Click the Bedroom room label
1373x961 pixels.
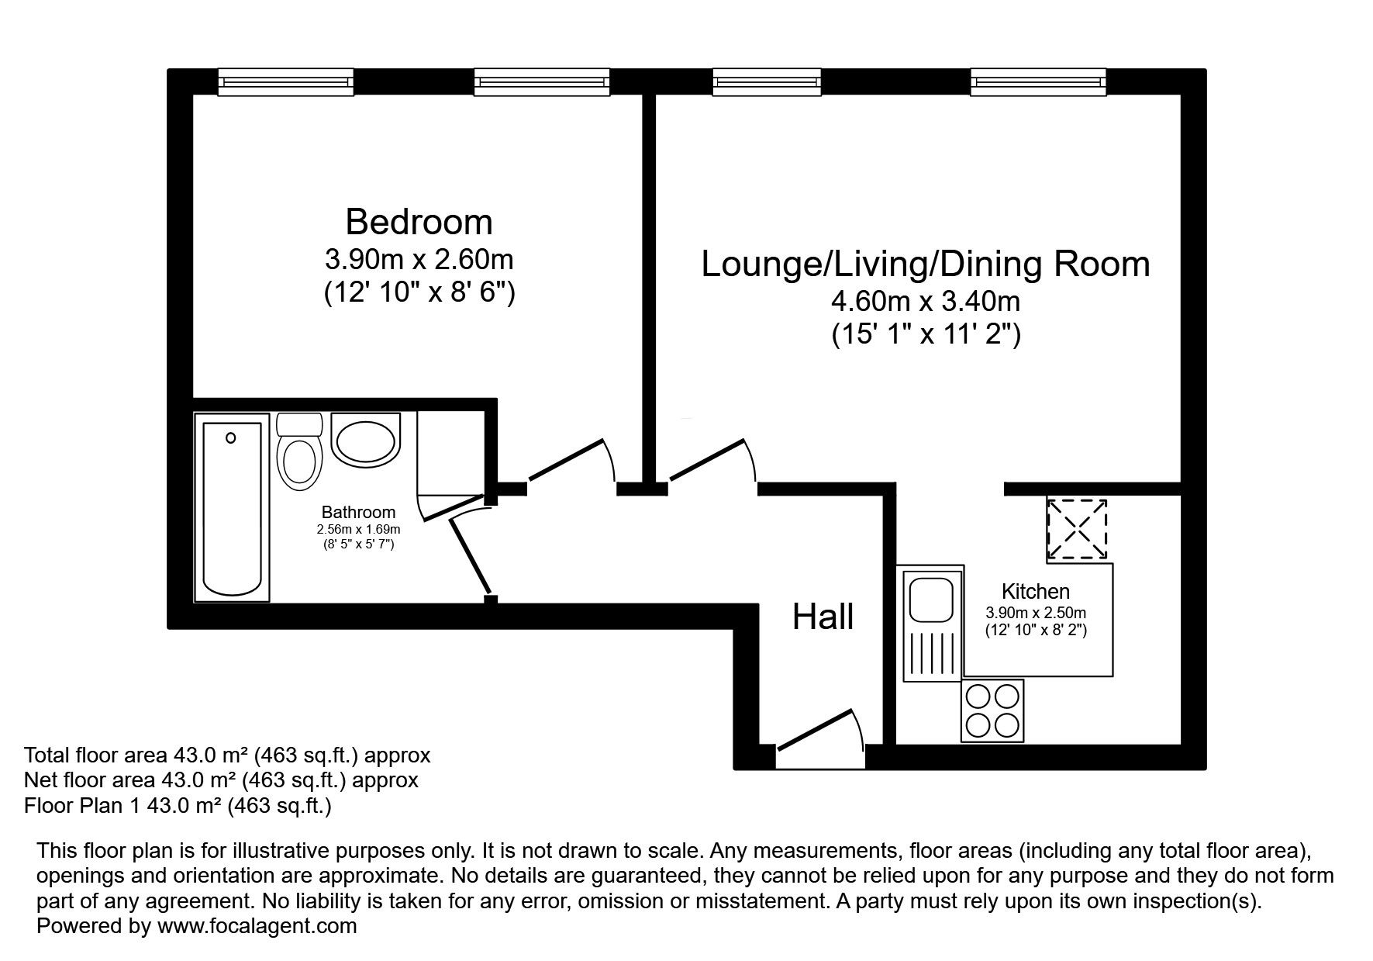click(x=419, y=222)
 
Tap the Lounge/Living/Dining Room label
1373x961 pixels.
click(x=926, y=264)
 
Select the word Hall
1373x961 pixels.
click(x=823, y=617)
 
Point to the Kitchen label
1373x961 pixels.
click(x=1036, y=592)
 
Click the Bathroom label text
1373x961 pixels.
click(x=358, y=512)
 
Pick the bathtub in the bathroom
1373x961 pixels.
click(x=232, y=508)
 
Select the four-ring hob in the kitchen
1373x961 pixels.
click(x=992, y=710)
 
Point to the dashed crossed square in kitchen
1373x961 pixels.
click(x=1077, y=529)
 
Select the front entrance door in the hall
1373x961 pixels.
click(x=821, y=728)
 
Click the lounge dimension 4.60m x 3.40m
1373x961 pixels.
click(x=926, y=301)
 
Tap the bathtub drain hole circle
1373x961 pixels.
click(x=230, y=438)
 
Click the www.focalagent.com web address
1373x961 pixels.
click(x=257, y=925)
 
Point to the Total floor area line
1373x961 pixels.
click(x=227, y=755)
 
